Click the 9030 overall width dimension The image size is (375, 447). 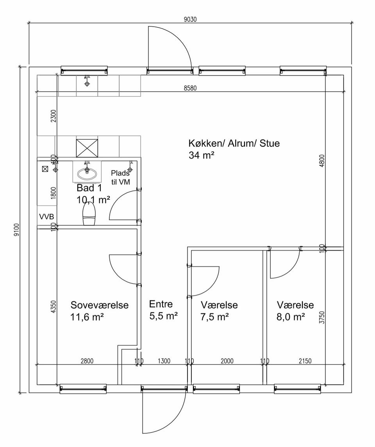point(190,20)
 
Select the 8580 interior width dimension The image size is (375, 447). point(190,88)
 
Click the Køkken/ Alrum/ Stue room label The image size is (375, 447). point(234,143)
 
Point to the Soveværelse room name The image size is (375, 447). point(100,305)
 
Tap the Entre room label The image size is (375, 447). point(161,304)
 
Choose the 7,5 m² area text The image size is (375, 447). point(214,317)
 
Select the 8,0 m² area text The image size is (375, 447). point(291,317)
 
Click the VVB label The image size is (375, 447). point(46,217)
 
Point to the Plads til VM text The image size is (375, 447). point(120,177)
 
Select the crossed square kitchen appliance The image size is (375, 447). point(87,148)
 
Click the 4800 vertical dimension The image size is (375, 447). point(322,161)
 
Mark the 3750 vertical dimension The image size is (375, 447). point(322,317)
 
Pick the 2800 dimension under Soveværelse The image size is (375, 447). point(87,361)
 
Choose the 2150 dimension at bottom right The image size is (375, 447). point(305,361)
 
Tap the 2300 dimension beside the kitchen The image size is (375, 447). point(54,116)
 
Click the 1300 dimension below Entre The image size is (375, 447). point(164,361)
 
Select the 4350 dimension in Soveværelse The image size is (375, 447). point(54,307)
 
